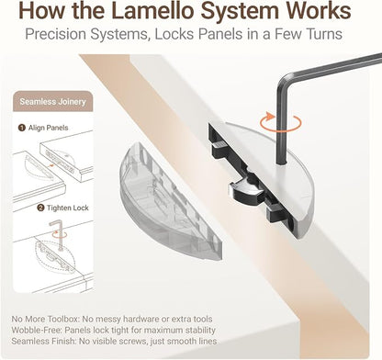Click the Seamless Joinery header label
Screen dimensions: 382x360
pyautogui.click(x=52, y=102)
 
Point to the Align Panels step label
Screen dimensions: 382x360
pyautogui.click(x=48, y=128)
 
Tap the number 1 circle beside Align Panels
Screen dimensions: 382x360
pyautogui.click(x=22, y=128)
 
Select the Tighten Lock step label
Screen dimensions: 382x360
pyautogui.click(x=68, y=208)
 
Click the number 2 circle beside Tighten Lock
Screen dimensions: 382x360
pyautogui.click(x=40, y=208)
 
